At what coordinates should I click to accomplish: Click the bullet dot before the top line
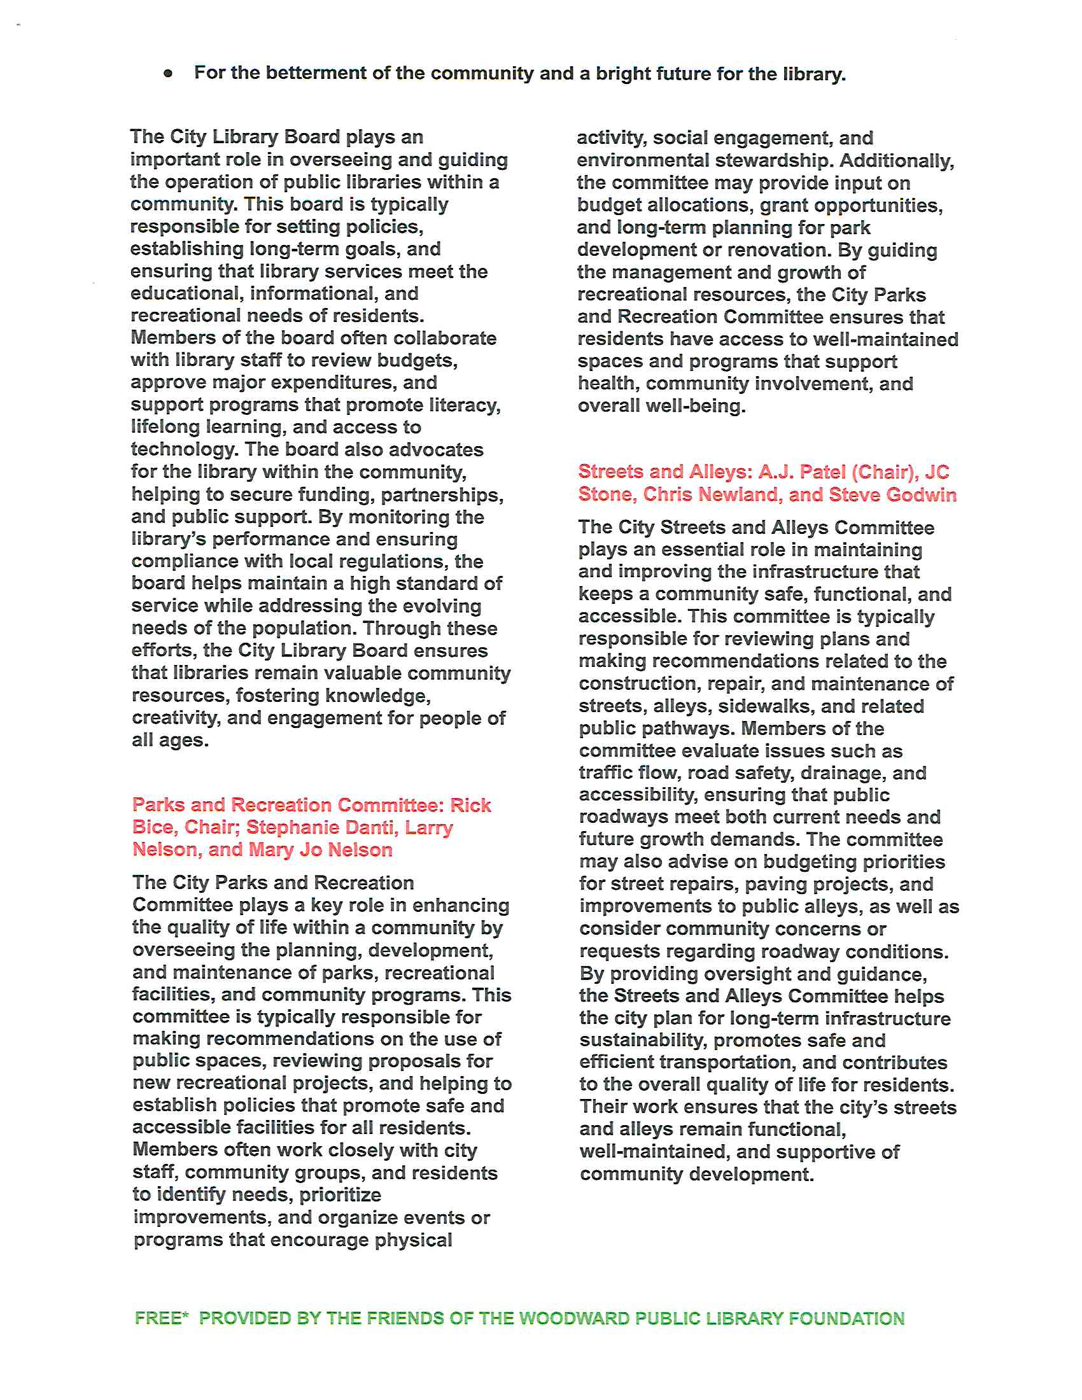pos(168,74)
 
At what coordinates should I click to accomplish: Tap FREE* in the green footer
pos(162,1318)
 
